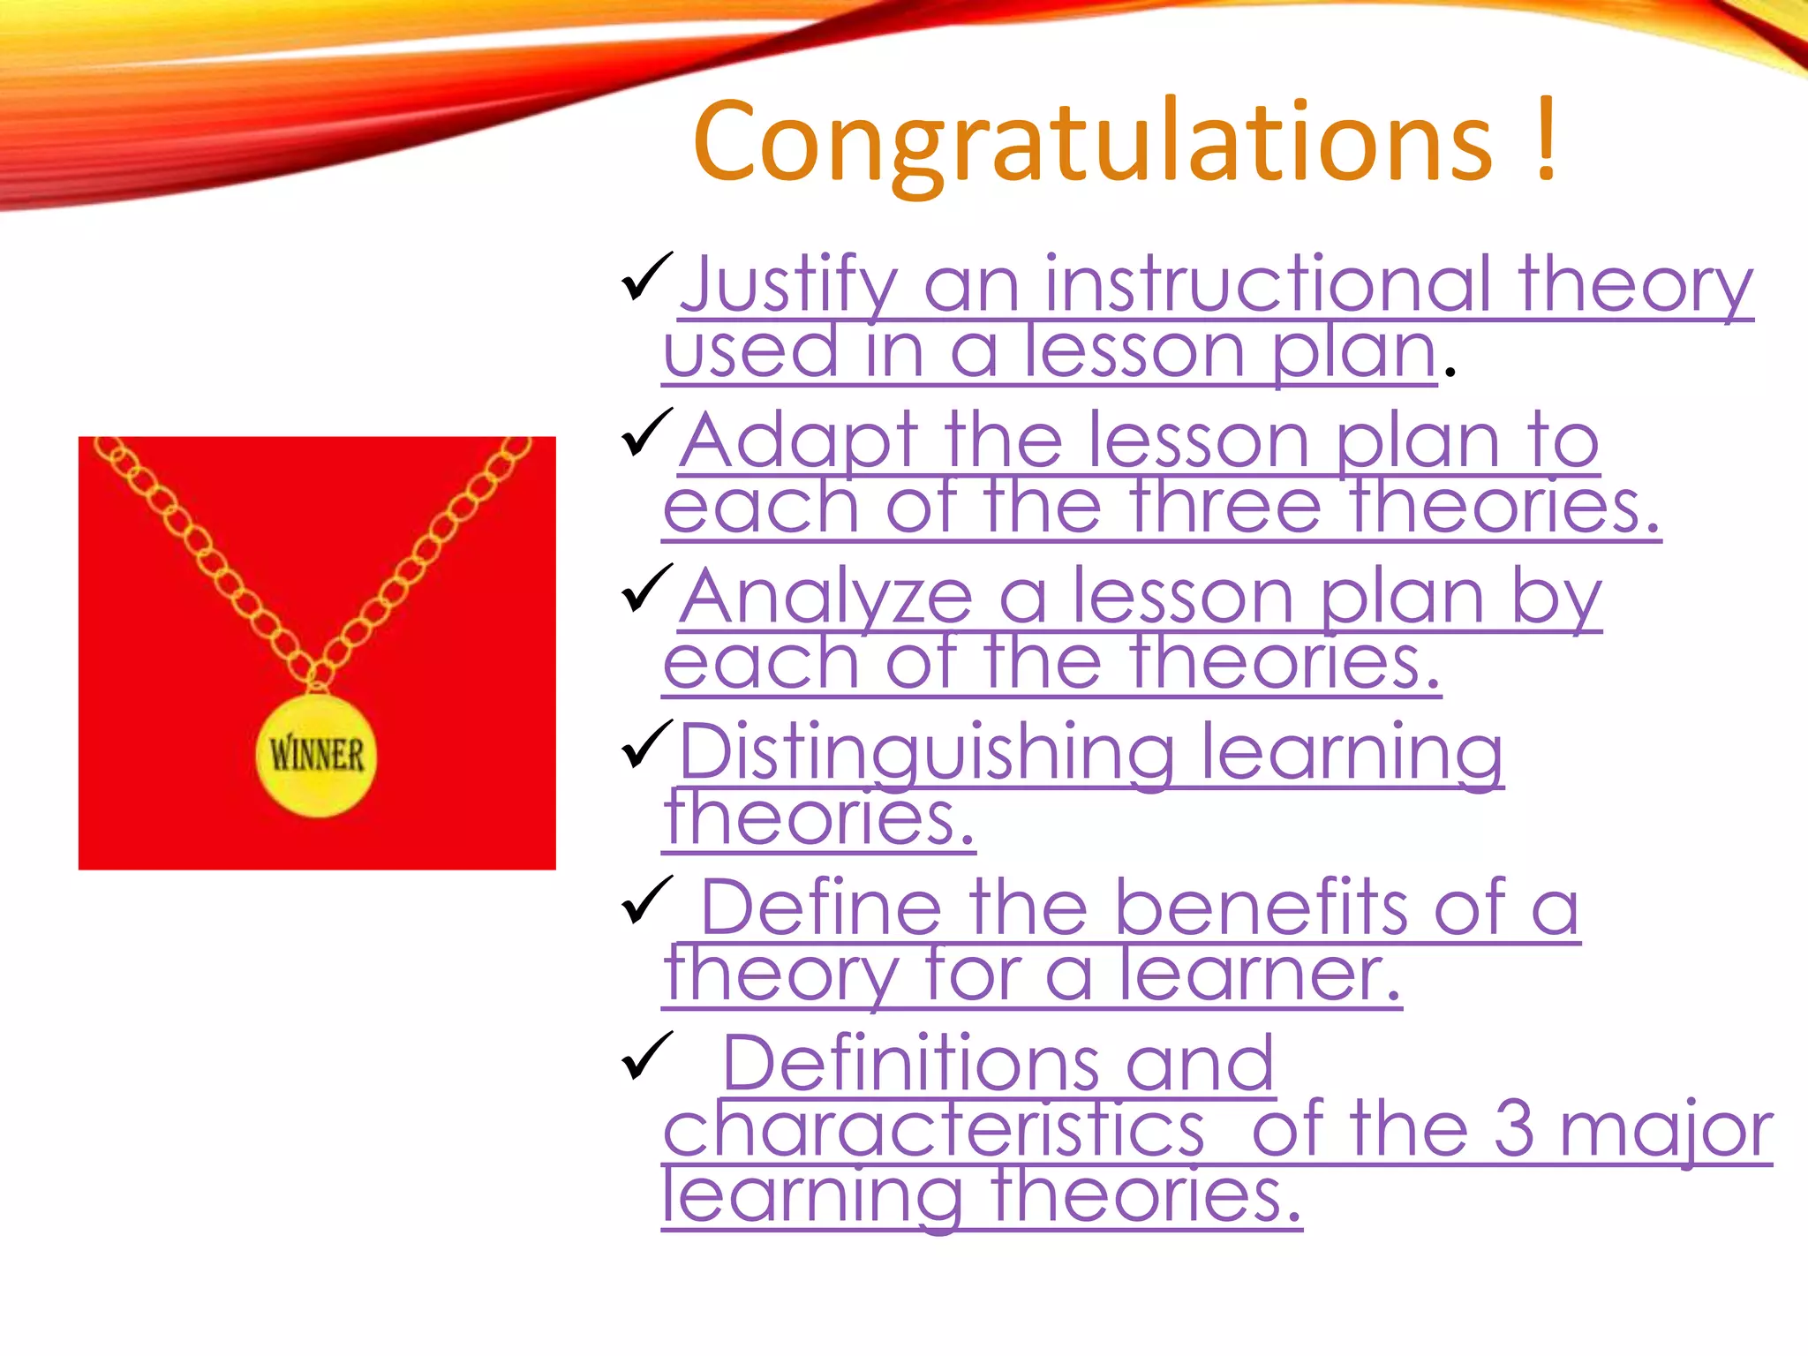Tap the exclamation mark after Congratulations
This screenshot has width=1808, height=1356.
[1545, 141]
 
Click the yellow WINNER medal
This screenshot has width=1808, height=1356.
[316, 756]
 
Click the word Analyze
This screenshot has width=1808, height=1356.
[826, 598]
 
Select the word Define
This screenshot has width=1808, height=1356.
[821, 908]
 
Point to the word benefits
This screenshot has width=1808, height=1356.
[1262, 908]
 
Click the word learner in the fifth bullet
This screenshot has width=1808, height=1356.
[1259, 975]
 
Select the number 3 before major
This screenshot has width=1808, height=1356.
[1513, 1130]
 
